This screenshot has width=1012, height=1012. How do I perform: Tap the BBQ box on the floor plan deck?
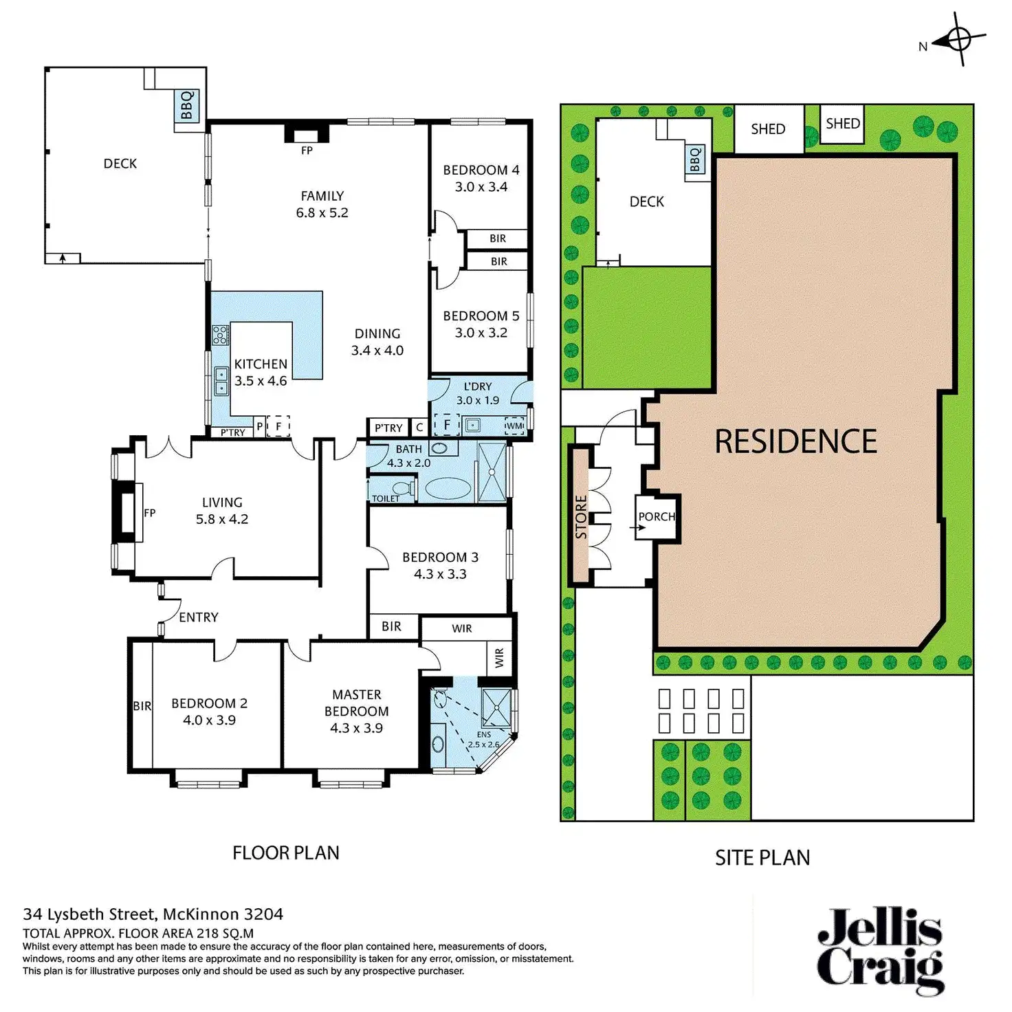[x=186, y=106]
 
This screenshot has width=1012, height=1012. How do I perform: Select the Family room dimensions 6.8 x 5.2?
[x=322, y=213]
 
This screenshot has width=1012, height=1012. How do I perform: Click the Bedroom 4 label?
[x=481, y=170]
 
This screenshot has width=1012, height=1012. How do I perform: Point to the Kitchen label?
[x=261, y=364]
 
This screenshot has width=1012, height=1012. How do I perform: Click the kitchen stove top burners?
[x=220, y=335]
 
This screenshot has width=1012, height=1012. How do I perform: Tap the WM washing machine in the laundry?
[x=514, y=426]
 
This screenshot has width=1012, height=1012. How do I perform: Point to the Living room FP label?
[x=150, y=513]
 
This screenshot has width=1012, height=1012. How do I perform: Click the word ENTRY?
[x=199, y=617]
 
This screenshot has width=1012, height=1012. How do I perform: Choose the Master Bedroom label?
[x=356, y=703]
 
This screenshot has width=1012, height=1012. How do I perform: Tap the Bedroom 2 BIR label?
[x=142, y=706]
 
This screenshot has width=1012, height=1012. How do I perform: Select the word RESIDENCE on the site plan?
[x=795, y=441]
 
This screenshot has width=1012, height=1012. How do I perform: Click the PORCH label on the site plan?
[x=657, y=516]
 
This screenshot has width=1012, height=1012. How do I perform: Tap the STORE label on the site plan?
[x=581, y=517]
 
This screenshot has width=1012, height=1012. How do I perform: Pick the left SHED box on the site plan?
[x=769, y=129]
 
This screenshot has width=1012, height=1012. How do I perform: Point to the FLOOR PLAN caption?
[x=286, y=853]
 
